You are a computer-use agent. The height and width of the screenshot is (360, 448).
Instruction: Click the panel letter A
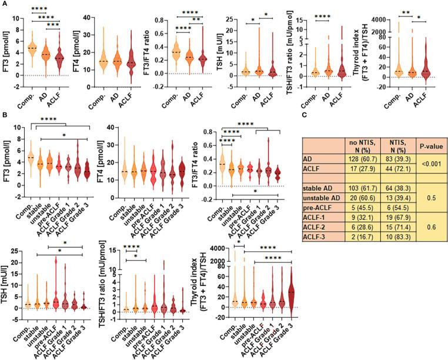click(4, 4)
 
